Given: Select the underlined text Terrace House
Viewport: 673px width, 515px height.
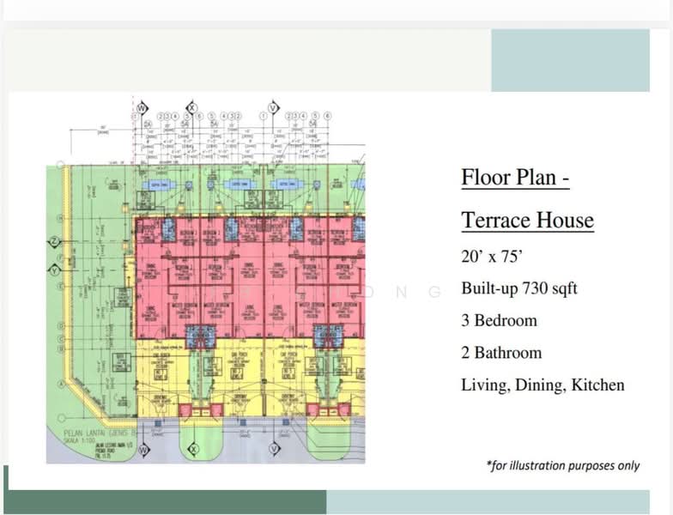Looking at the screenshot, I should point(527,221).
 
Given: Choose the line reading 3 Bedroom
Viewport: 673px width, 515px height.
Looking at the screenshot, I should point(499,320).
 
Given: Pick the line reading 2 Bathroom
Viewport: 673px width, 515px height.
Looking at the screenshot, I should point(501,353).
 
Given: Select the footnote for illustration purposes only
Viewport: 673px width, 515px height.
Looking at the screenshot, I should point(562,465).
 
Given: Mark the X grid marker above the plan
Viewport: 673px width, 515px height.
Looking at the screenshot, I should point(192,108).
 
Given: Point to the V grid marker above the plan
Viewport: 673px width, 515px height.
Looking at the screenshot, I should point(273,108).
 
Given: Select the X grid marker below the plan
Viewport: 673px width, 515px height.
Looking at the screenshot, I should point(193,448).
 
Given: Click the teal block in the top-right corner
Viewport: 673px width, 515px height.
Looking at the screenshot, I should point(570,60).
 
